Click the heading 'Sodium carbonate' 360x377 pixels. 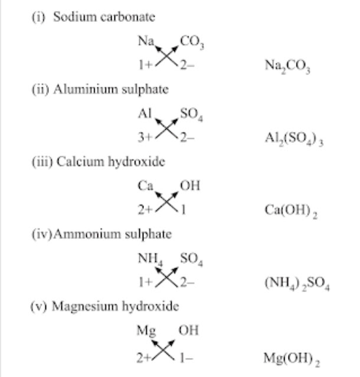coord(104,17)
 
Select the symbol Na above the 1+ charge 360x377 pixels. coord(145,42)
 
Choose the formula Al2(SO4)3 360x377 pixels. coord(294,139)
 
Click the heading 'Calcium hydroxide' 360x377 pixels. coord(110,162)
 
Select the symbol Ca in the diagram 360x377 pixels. coord(146,186)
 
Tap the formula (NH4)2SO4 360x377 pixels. coord(297,284)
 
